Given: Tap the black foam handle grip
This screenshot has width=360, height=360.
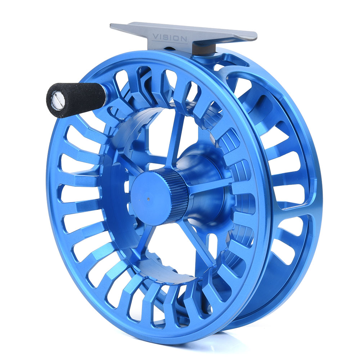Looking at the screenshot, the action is pos(76,100).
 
